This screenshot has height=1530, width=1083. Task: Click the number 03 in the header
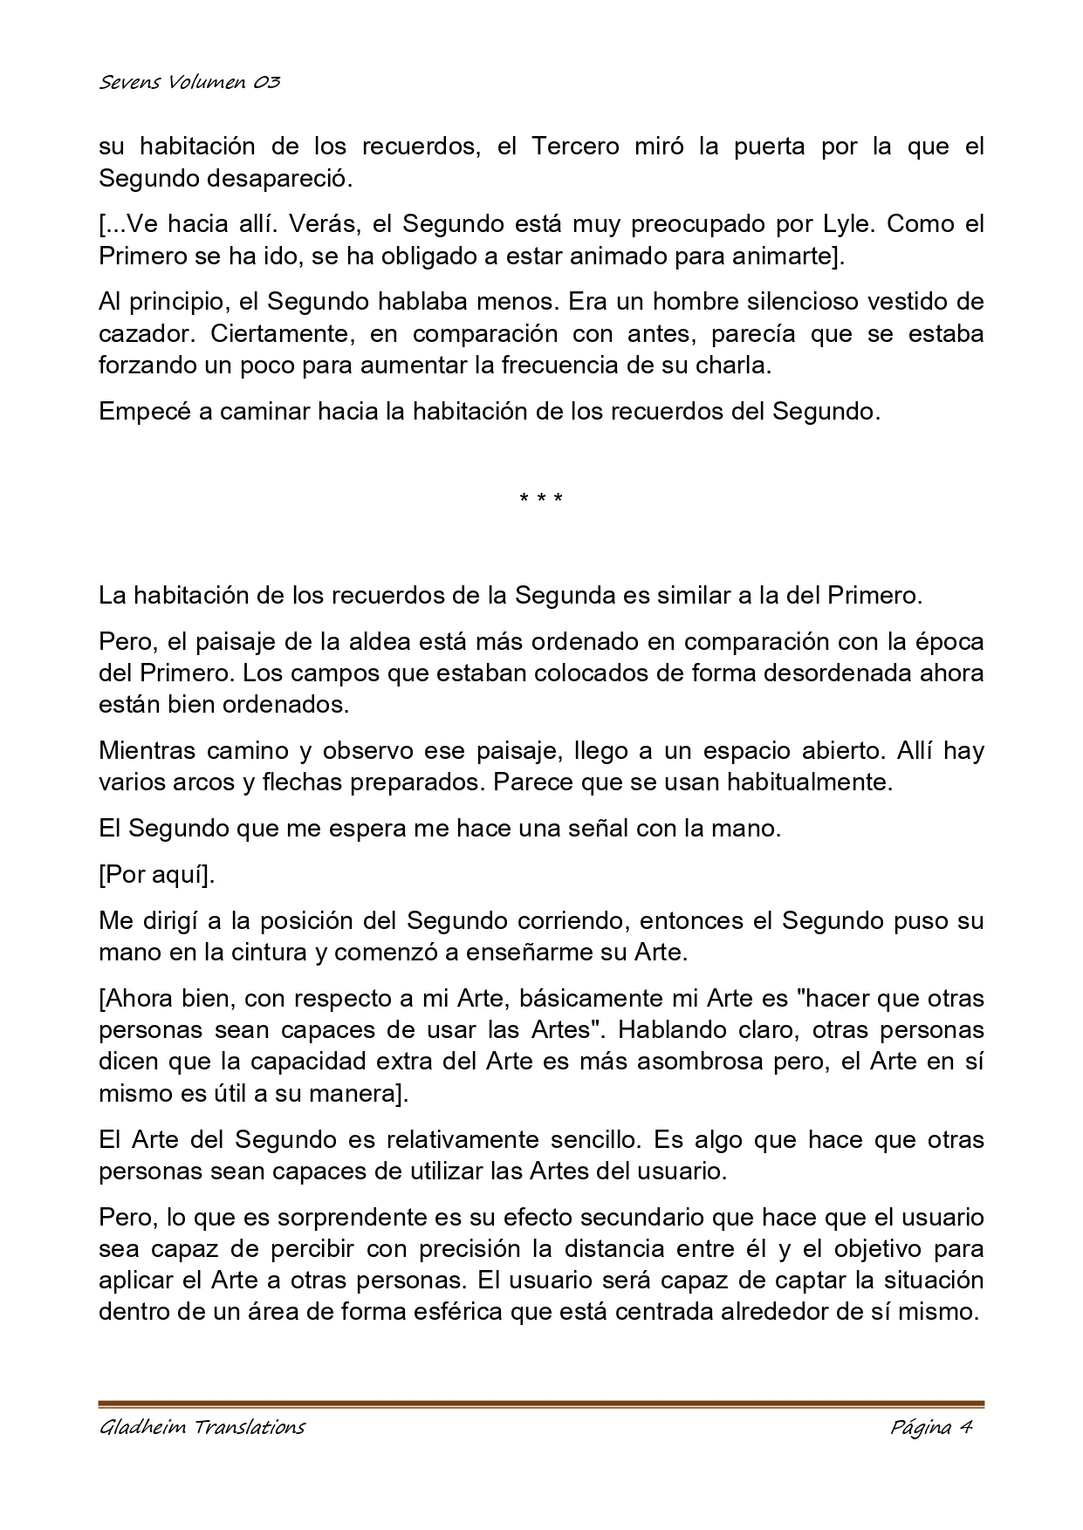pos(267,83)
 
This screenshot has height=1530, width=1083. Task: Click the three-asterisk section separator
pos(541,499)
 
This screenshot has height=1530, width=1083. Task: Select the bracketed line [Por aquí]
pos(157,875)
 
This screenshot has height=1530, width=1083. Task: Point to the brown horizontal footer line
pos(541,1404)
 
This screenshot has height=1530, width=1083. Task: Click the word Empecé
pos(144,411)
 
